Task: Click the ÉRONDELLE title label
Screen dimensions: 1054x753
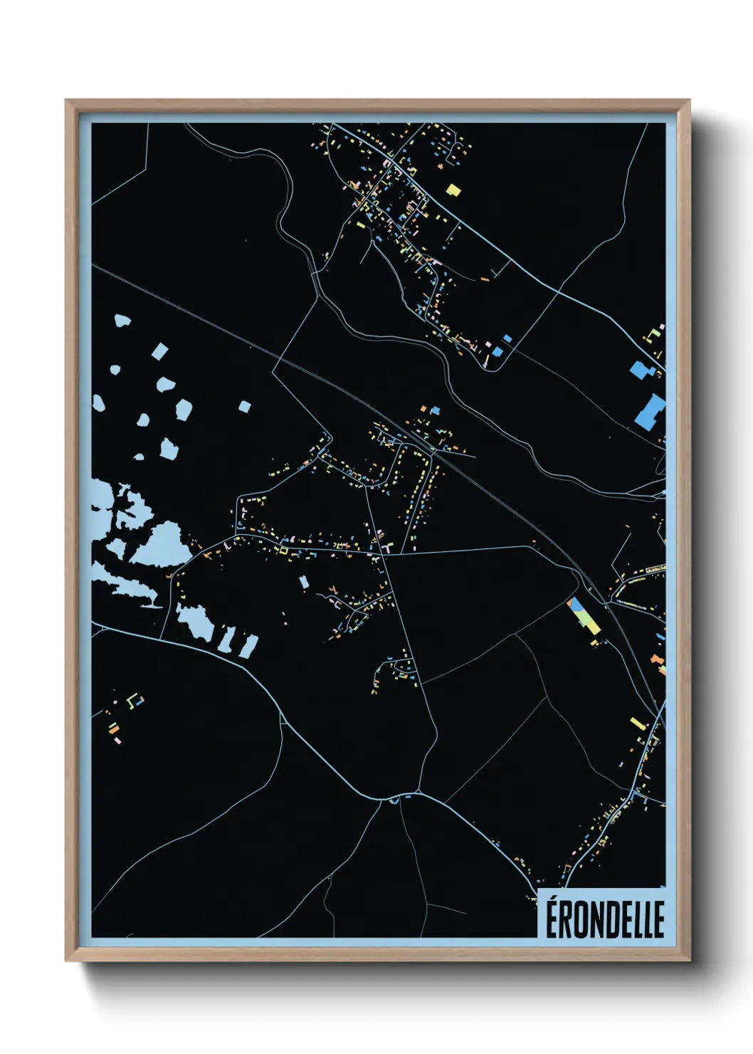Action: click(x=605, y=919)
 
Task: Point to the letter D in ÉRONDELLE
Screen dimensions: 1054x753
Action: click(x=609, y=919)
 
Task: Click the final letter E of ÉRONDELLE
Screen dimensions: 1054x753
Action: click(x=658, y=919)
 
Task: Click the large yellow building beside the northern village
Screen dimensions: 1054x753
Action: click(x=453, y=189)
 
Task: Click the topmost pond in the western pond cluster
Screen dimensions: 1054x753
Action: click(x=123, y=321)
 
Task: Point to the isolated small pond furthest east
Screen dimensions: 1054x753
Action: click(x=244, y=407)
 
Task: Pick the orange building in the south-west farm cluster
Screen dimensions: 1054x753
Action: click(x=113, y=728)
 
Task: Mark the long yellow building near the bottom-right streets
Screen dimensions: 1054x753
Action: click(x=638, y=724)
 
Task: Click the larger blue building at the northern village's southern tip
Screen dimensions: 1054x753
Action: click(x=497, y=351)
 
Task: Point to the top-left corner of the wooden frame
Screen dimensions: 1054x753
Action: click(x=66, y=100)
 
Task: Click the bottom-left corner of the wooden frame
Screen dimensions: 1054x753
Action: click(x=66, y=961)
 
